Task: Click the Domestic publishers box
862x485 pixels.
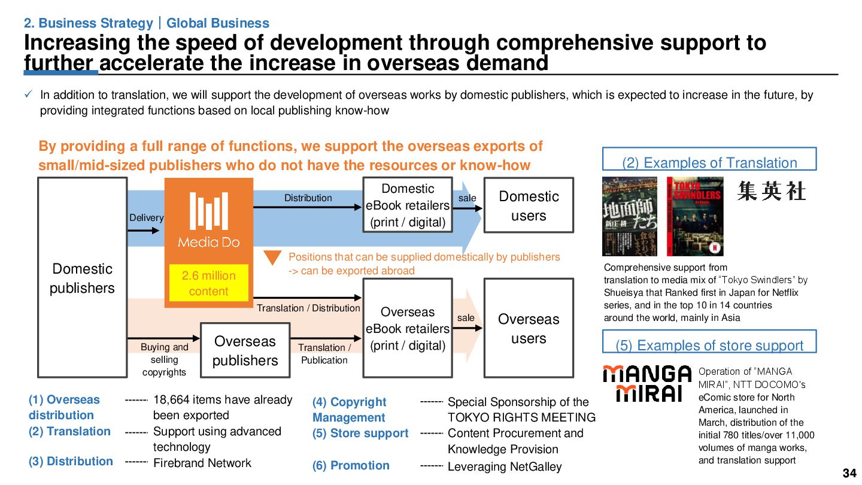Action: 82,278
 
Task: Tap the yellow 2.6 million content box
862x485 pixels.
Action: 208,283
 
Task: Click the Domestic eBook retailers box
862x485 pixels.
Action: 408,205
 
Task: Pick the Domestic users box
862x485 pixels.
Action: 529,205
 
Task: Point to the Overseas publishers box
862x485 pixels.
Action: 245,350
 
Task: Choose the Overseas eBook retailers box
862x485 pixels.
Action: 408,328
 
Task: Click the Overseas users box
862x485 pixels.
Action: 529,328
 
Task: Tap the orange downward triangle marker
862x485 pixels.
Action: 273,257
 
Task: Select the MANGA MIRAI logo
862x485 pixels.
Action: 646,384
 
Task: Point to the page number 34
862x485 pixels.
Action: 849,474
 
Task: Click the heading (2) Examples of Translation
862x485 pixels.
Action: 709,163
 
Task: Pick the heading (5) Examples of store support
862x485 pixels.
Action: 709,345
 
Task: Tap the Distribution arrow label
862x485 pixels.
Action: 308,198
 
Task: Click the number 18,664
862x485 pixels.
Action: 173,400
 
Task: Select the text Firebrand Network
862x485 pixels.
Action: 202,463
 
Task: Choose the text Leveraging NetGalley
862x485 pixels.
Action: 505,467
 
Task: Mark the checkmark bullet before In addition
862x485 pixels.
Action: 29,95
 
